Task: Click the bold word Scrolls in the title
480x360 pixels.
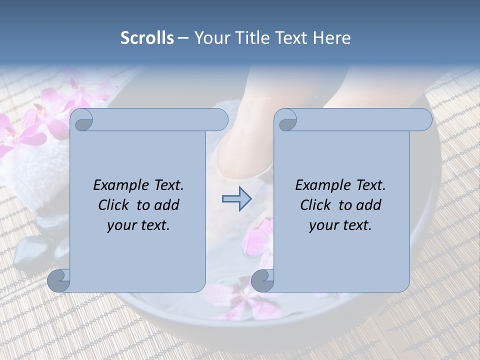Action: [x=147, y=38]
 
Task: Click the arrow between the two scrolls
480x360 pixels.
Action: [x=236, y=199]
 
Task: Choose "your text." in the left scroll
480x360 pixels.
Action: [x=138, y=225]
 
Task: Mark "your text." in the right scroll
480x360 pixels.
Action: [x=340, y=225]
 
